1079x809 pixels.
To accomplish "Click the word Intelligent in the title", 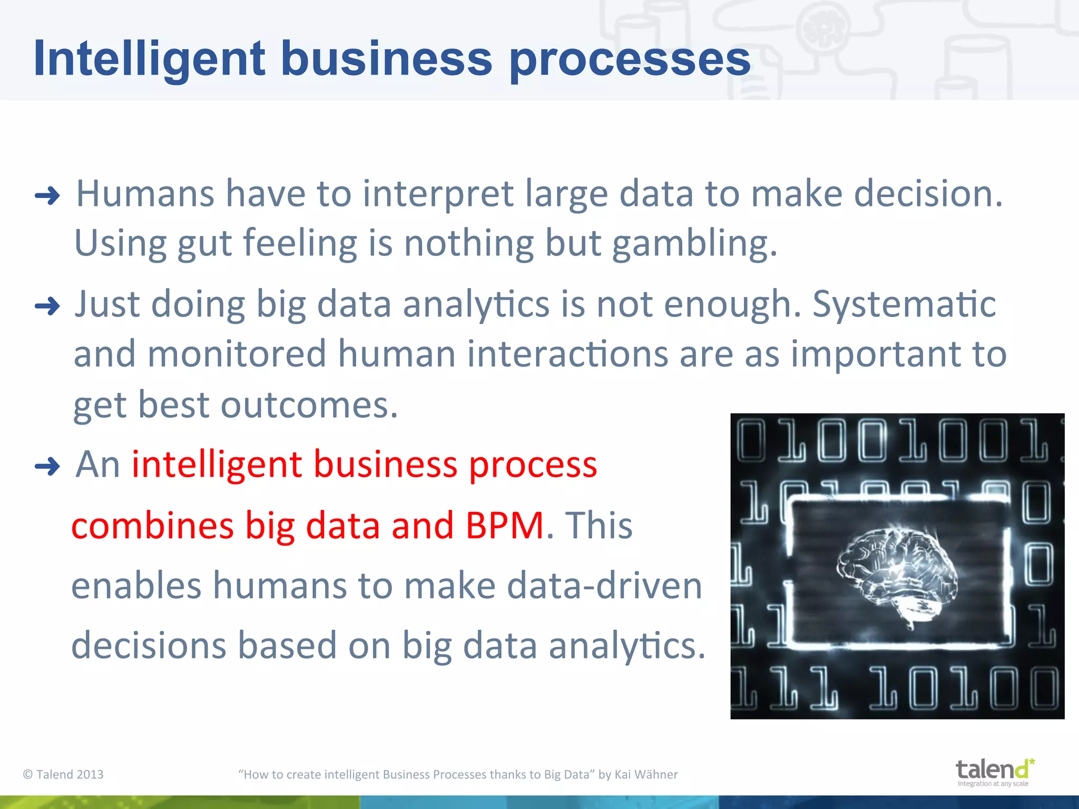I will point(149,59).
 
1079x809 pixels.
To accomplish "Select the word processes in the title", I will point(630,59).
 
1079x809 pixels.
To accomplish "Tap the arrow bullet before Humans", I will point(47,196).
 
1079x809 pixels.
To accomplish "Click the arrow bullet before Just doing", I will point(47,306).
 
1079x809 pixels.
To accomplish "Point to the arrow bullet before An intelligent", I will point(47,467).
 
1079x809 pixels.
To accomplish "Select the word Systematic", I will point(904,304).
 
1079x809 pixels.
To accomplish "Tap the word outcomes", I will point(309,406).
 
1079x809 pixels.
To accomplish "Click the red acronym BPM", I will point(505,526).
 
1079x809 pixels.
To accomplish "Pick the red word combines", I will point(152,526).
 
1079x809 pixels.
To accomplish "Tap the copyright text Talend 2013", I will point(64,774).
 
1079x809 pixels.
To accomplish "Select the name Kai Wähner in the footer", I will point(646,774).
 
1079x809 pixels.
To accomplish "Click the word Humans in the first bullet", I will point(145,194).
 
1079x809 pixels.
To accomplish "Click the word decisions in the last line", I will point(149,646).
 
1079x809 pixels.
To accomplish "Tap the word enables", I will point(136,586).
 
